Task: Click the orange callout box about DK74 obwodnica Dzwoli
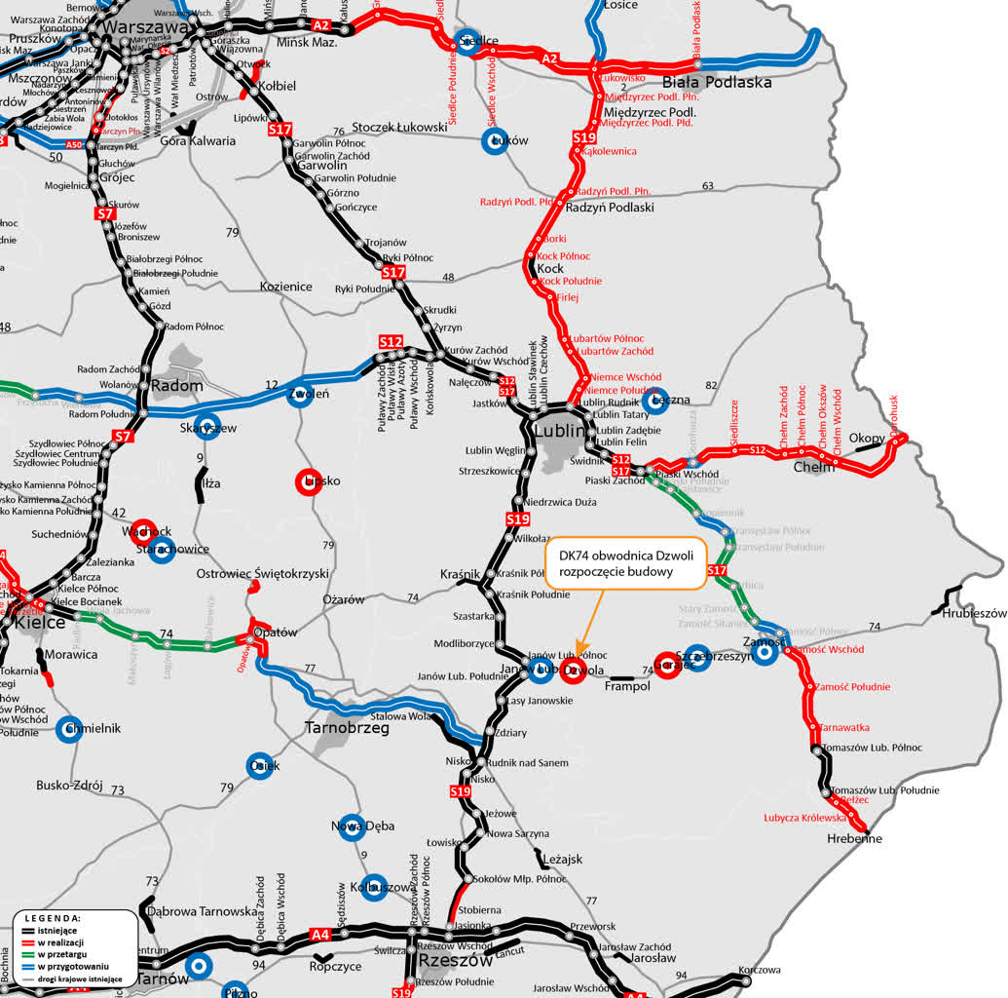pos(624,562)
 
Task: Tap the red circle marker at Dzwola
pos(573,671)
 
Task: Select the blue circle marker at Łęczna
pos(655,400)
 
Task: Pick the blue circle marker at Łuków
pos(496,141)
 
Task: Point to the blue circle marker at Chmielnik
pos(68,730)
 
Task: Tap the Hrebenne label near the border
pos(854,838)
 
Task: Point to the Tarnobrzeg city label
pos(347,727)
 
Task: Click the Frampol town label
pos(626,686)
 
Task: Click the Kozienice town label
pos(285,287)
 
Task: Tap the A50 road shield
pos(75,145)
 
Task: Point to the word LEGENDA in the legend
pos(53,918)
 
